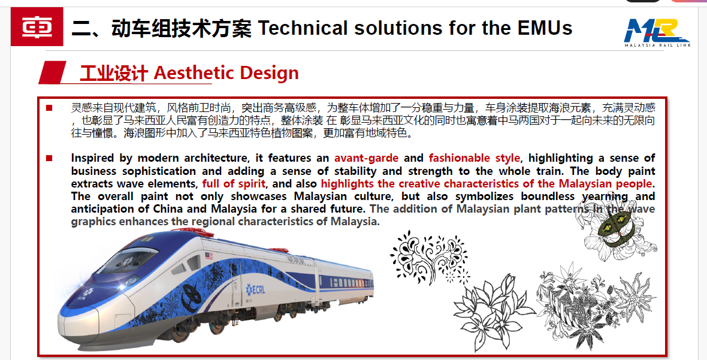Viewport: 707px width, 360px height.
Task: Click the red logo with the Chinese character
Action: tap(37, 26)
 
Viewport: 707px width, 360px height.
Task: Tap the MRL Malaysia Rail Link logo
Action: tap(657, 33)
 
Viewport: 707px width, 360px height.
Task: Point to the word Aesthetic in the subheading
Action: tap(192, 72)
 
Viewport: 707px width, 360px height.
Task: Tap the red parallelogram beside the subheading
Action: tap(52, 72)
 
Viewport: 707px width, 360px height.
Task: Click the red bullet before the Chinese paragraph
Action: tap(49, 108)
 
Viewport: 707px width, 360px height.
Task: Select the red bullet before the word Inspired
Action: tap(49, 158)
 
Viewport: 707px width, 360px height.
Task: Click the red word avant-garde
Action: tap(366, 158)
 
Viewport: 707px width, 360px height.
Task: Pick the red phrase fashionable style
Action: tap(475, 158)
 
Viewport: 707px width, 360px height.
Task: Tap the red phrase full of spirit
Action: tap(234, 184)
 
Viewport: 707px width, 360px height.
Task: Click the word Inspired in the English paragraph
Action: tap(92, 158)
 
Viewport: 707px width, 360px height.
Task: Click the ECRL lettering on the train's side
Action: tap(255, 289)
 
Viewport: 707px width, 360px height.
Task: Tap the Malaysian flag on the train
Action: tap(209, 256)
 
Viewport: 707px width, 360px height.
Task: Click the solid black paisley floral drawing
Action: tap(428, 258)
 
